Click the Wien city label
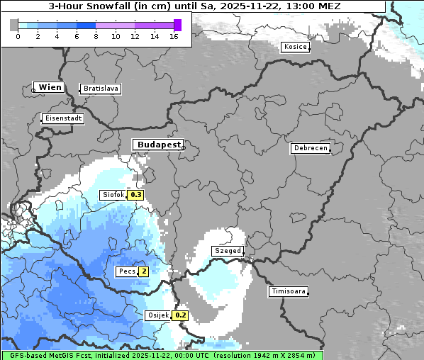point(50,88)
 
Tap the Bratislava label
point(100,89)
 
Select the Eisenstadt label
point(63,118)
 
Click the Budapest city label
point(158,144)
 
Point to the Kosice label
point(295,47)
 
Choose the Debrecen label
point(310,148)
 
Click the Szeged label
point(228,251)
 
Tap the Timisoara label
point(288,291)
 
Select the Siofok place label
point(113,195)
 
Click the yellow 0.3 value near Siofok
point(135,195)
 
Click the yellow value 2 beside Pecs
point(144,271)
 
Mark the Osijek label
point(157,315)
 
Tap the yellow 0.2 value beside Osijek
point(181,315)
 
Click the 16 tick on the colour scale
point(174,36)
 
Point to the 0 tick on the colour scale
point(18,36)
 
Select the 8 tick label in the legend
point(96,36)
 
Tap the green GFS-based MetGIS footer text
point(162,355)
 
